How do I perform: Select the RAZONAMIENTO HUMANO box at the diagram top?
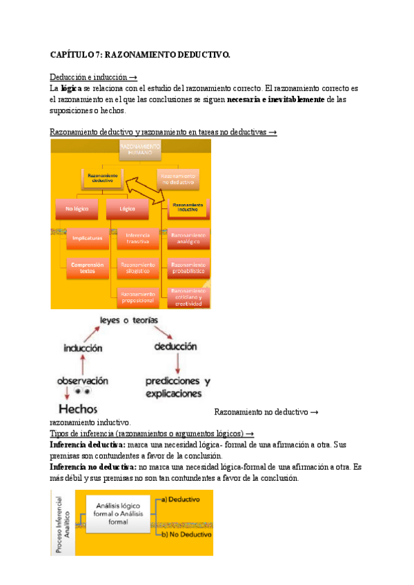[x=140, y=150]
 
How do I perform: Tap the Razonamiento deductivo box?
[x=102, y=179]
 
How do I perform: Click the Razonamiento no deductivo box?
[x=178, y=179]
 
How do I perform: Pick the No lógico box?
[x=77, y=208]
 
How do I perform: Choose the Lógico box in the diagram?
[x=127, y=208]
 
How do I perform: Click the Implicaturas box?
[x=87, y=238]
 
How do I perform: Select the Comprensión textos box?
[x=86, y=268]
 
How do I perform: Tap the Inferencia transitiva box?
[x=137, y=238]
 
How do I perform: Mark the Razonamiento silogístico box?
[x=137, y=267]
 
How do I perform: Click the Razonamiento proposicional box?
[x=137, y=297]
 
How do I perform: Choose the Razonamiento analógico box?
[x=188, y=238]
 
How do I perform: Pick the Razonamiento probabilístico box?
[x=188, y=267]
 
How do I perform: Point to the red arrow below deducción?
[x=178, y=363]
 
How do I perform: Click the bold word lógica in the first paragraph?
[x=71, y=89]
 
